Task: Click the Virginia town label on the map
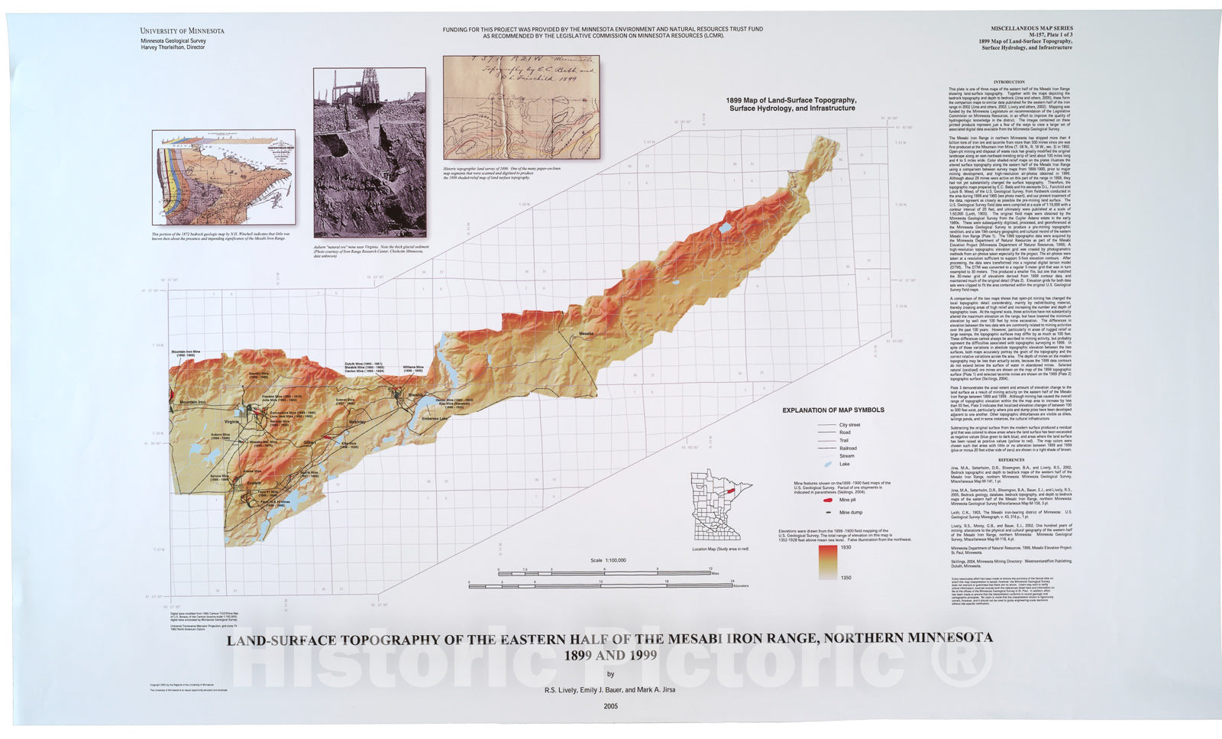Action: click(231, 422)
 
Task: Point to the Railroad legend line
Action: click(827, 449)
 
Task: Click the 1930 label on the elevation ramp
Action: click(845, 547)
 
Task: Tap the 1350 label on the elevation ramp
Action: click(845, 578)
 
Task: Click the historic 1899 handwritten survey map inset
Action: click(521, 107)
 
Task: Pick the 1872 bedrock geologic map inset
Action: click(223, 177)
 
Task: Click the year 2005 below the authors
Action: click(610, 706)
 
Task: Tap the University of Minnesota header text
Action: click(182, 31)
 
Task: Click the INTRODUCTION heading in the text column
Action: click(1009, 82)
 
